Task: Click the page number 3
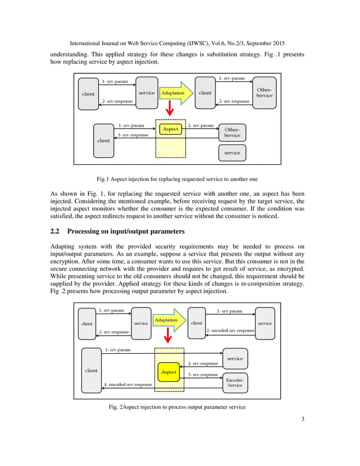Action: (303, 435)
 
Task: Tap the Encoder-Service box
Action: (235, 383)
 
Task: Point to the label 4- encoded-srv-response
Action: (128, 385)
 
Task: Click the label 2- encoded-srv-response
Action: (230, 330)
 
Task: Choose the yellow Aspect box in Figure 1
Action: (170, 129)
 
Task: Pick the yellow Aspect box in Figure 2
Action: (169, 372)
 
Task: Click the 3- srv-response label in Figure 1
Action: (134, 136)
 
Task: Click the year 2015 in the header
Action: (275, 43)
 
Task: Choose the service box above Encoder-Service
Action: (235, 358)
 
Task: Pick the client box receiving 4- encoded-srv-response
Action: (91, 371)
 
